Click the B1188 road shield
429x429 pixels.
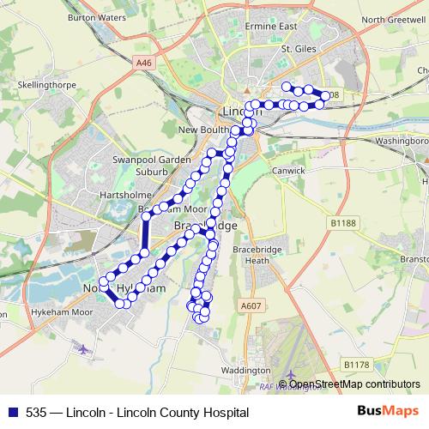[x=344, y=222]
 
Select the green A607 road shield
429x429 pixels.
[x=251, y=305]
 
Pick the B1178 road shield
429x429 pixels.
[x=356, y=365]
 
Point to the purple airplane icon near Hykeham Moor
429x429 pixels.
[x=82, y=350]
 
